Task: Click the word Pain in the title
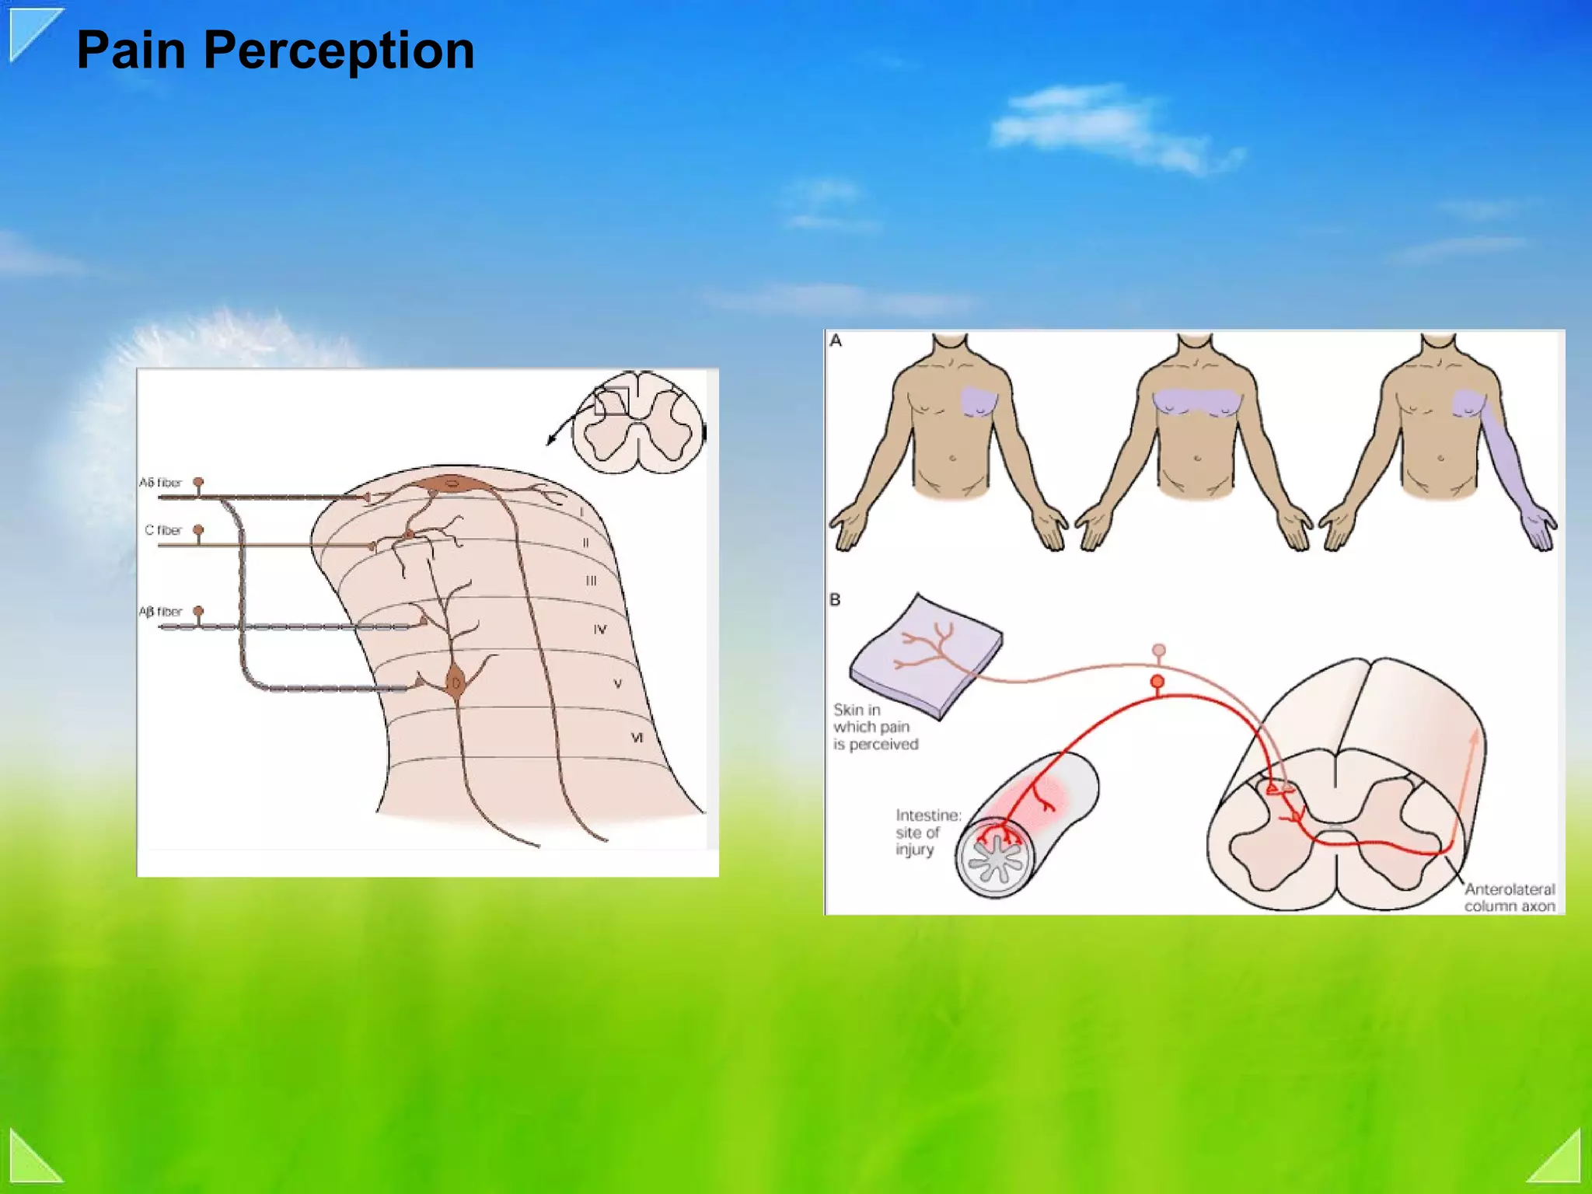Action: click(131, 51)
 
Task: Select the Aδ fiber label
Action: click(160, 483)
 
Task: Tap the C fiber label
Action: click(163, 530)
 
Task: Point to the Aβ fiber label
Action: click(160, 612)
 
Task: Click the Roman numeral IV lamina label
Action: click(599, 630)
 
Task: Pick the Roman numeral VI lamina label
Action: click(637, 737)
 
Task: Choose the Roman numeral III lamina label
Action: click(591, 581)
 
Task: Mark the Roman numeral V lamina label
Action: click(617, 684)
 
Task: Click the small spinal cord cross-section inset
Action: click(637, 423)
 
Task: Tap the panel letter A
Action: click(836, 340)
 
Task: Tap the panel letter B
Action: click(836, 599)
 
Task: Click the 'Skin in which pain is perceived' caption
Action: click(875, 727)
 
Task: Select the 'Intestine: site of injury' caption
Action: click(927, 832)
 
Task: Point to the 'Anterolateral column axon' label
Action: click(1509, 897)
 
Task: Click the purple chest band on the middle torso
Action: click(1196, 402)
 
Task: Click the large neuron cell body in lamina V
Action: click(455, 683)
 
